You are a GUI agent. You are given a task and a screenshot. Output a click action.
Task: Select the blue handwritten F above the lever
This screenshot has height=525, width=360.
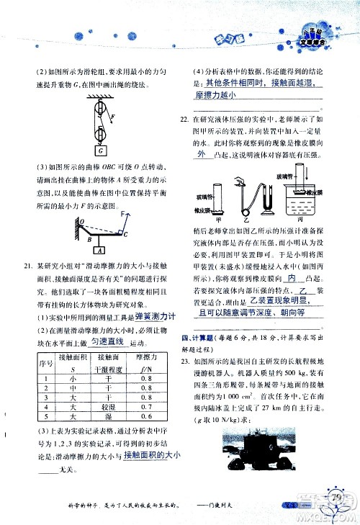[x=124, y=214]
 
